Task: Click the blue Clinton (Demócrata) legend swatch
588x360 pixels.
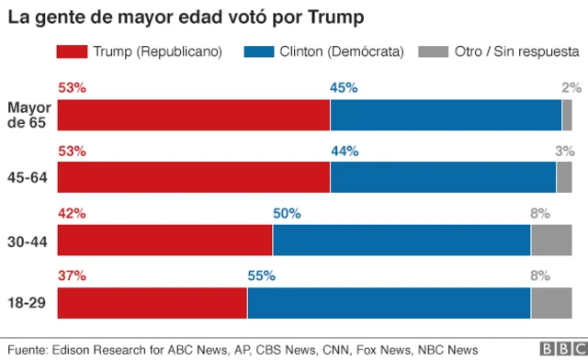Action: pyautogui.click(x=271, y=52)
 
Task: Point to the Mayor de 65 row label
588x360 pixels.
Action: pyautogui.click(x=28, y=115)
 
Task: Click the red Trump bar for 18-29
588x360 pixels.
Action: pyautogui.click(x=152, y=302)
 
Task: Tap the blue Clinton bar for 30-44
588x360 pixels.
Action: pyautogui.click(x=401, y=240)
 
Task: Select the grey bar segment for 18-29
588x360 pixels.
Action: pyautogui.click(x=551, y=302)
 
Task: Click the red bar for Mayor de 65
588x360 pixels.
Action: pyautogui.click(x=194, y=115)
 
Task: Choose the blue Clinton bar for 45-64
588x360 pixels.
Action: pyautogui.click(x=443, y=177)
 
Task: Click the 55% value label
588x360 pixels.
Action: pyautogui.click(x=261, y=275)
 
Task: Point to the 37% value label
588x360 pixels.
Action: pyautogui.click(x=72, y=275)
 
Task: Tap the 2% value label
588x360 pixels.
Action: pyautogui.click(x=571, y=88)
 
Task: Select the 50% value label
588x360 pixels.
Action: pyautogui.click(x=287, y=213)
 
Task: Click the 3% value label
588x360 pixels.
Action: pyautogui.click(x=564, y=151)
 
